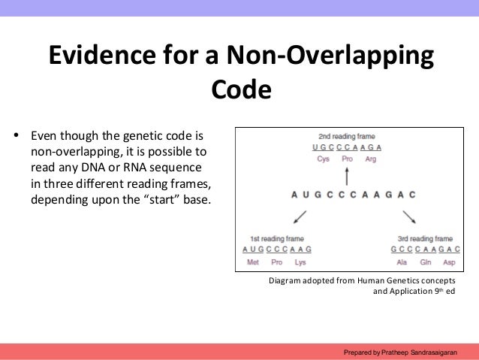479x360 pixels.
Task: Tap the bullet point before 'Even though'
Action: [x=17, y=138]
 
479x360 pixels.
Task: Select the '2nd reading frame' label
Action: [x=347, y=137]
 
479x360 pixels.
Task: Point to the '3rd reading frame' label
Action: [x=425, y=238]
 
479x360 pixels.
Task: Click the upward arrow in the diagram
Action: [x=347, y=177]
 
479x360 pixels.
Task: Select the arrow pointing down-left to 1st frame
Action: [x=300, y=216]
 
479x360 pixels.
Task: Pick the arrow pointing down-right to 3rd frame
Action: [x=409, y=216]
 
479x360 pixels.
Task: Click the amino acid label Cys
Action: [x=323, y=159]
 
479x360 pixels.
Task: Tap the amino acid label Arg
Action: [x=371, y=159]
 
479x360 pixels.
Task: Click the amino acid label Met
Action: [x=253, y=262]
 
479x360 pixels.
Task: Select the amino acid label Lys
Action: [x=300, y=262]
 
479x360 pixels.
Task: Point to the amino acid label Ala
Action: [x=402, y=262]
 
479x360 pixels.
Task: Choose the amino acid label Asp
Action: [x=449, y=262]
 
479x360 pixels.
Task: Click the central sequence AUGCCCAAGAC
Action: [x=353, y=195]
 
